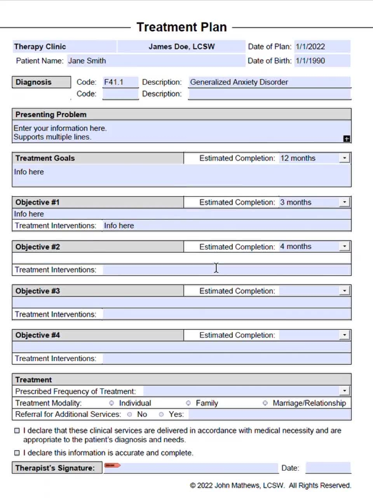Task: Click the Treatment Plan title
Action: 181,27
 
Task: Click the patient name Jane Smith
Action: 87,61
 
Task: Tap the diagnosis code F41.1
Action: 113,82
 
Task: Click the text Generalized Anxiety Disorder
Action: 239,82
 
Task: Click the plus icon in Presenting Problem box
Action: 347,139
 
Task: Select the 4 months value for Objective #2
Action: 296,247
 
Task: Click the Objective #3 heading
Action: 38,291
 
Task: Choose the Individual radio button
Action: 112,403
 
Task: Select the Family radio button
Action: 188,403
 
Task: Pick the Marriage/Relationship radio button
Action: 265,403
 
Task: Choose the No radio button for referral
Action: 130,414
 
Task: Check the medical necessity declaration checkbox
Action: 17,431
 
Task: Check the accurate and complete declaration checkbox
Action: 17,453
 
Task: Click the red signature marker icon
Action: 112,465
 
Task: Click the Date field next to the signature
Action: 328,468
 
